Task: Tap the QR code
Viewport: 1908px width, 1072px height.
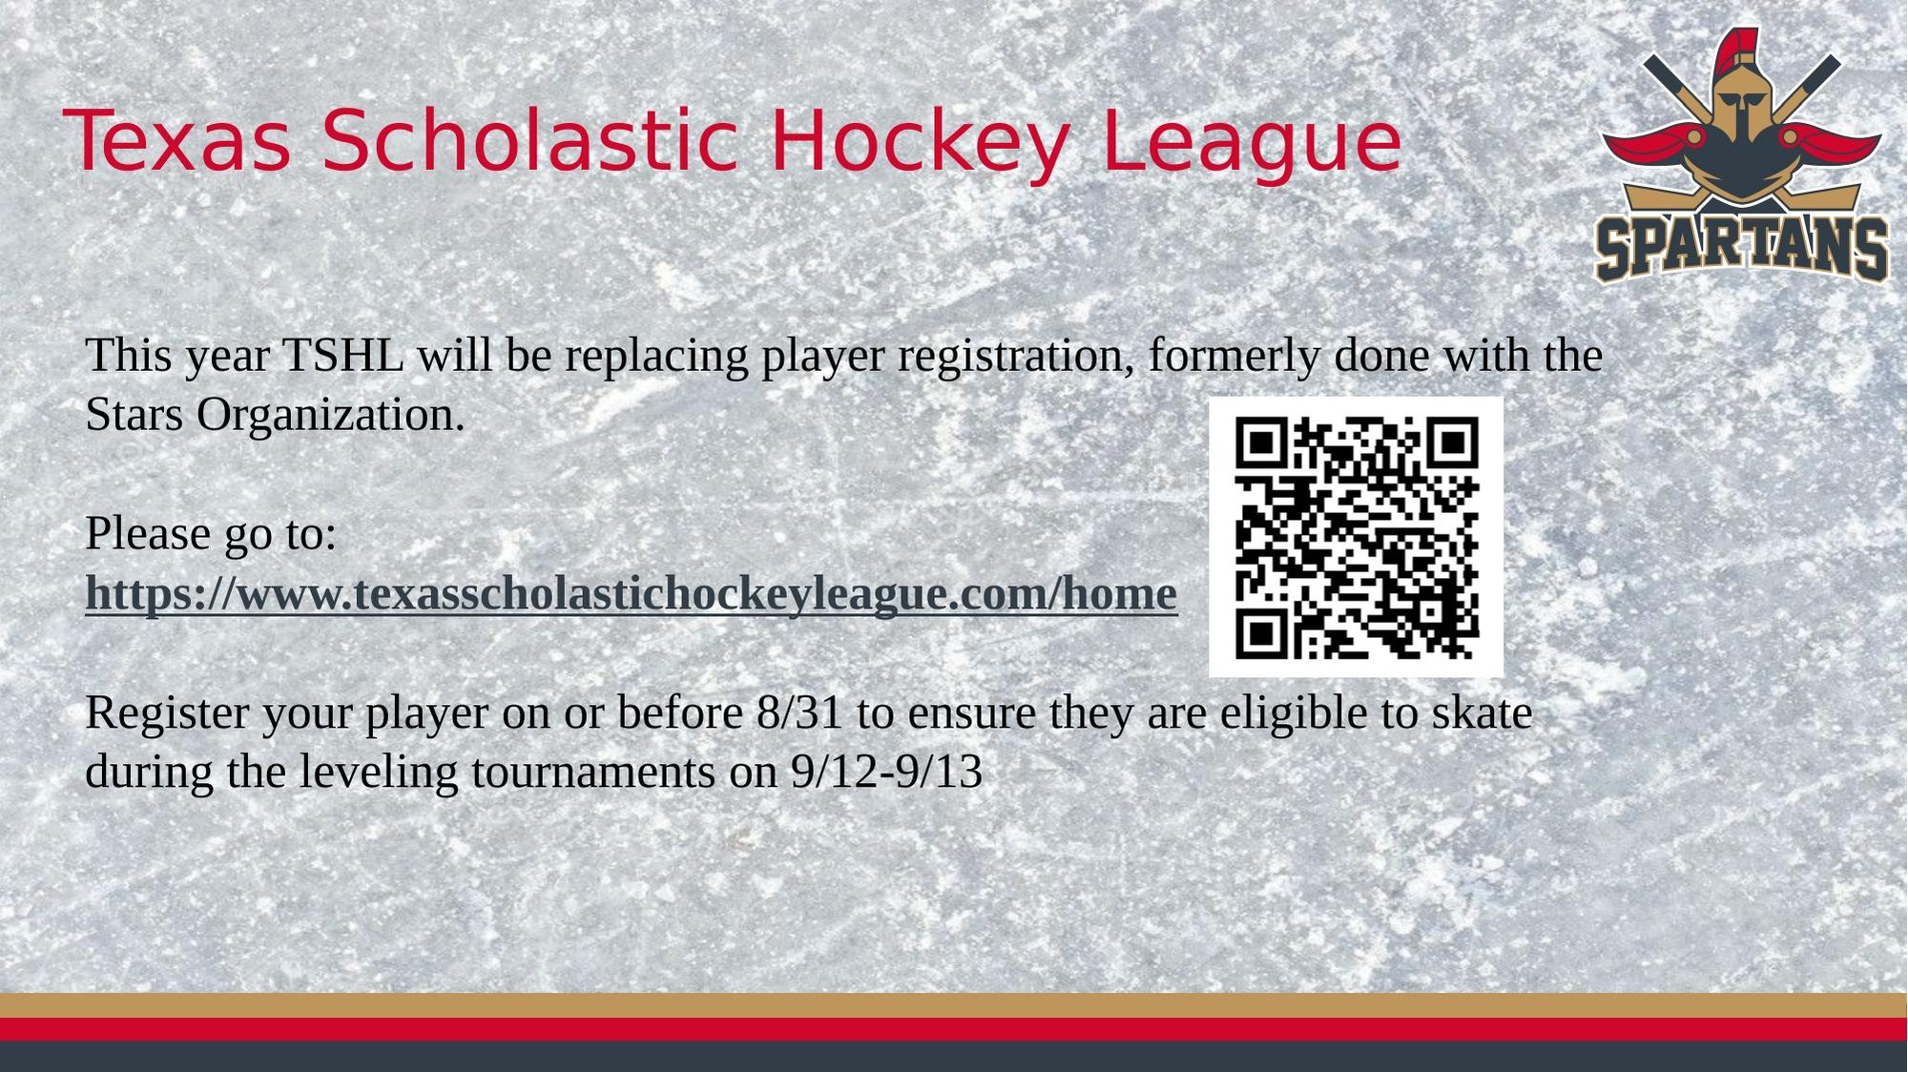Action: coord(1356,537)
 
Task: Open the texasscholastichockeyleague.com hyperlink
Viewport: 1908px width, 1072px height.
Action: coord(631,593)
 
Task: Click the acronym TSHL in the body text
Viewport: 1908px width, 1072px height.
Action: coord(343,356)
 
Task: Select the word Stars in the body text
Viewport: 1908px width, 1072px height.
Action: coord(134,415)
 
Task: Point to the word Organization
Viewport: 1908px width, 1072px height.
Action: coord(330,416)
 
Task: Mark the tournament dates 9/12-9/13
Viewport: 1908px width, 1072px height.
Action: coord(886,772)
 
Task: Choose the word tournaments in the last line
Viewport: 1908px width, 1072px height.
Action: coord(592,773)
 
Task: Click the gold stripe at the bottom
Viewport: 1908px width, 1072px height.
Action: coord(954,1005)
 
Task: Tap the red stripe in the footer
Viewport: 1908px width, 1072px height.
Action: coord(954,1029)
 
